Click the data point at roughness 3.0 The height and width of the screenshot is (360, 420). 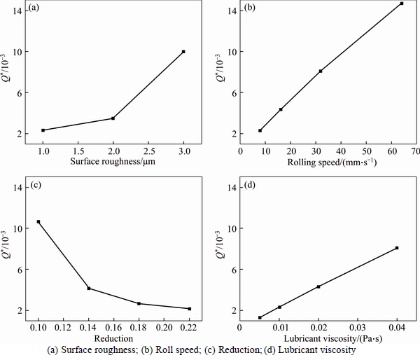(x=183, y=52)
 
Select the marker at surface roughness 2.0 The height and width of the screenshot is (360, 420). (x=113, y=118)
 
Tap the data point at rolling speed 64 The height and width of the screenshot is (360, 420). (x=402, y=4)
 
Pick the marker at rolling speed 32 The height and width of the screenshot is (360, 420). (x=321, y=71)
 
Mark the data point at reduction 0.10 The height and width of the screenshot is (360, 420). (x=38, y=222)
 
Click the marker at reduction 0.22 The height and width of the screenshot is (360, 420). (x=190, y=309)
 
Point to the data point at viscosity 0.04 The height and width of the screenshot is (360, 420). (x=397, y=248)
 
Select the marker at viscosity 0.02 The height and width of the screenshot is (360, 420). (x=318, y=286)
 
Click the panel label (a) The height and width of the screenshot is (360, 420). (x=34, y=10)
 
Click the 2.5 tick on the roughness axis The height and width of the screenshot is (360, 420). (x=148, y=151)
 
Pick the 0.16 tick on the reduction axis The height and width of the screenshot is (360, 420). (x=114, y=327)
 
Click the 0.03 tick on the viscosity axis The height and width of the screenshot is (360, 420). (x=358, y=327)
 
